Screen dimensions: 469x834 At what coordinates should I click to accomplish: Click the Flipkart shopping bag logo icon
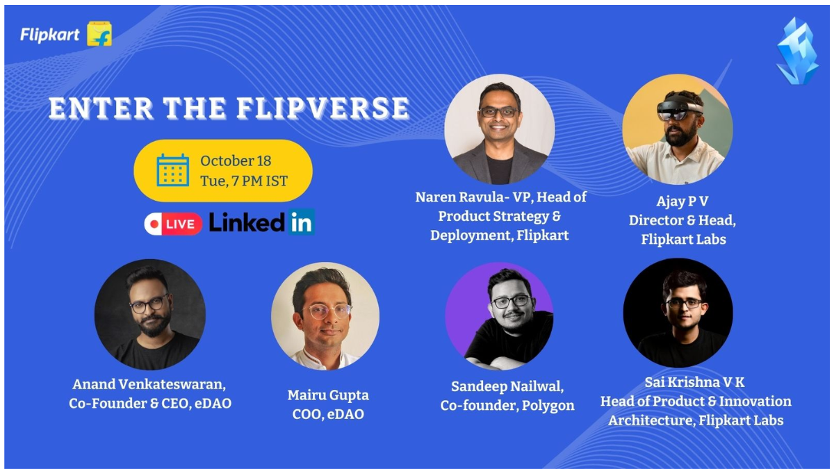[x=99, y=33]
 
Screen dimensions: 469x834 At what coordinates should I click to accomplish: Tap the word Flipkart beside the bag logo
[x=49, y=34]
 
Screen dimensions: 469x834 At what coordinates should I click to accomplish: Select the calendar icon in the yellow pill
[x=172, y=170]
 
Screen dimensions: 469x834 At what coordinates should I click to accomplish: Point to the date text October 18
[x=236, y=161]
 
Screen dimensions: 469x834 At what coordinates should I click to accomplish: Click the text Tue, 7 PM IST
[x=243, y=181]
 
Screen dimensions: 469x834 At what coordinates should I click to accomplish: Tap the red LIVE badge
[x=173, y=223]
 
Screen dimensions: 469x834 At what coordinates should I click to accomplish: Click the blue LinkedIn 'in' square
[x=302, y=222]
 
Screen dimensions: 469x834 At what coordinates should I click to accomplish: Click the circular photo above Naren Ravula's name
[x=499, y=129]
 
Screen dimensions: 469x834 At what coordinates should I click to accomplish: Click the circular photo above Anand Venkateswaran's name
[x=150, y=315]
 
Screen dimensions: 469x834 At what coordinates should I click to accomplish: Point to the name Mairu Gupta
[x=328, y=395]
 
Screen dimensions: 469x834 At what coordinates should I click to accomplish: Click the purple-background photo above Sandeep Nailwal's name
[x=499, y=316]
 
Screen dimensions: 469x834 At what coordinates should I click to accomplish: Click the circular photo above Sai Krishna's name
[x=678, y=313]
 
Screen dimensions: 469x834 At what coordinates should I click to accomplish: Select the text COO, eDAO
[x=327, y=415]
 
